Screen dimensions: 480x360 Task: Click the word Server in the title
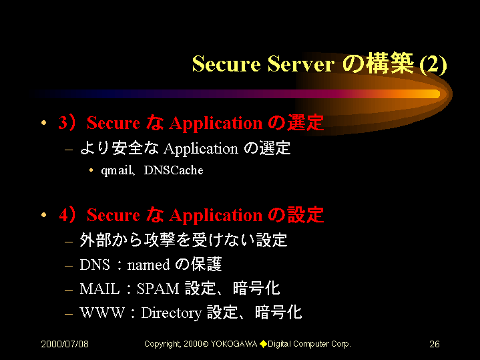coord(301,64)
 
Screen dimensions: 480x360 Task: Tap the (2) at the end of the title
coord(433,65)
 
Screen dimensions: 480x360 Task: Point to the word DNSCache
coord(174,170)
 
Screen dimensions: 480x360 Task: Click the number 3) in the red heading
coord(67,123)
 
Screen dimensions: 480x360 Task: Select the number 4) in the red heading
coord(67,214)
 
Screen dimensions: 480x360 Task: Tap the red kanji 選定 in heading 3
coord(305,122)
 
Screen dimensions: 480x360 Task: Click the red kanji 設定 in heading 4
coord(305,214)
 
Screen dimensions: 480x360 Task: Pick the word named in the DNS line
coord(148,264)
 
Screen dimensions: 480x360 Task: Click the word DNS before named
coord(95,264)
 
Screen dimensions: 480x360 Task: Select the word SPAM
coord(158,289)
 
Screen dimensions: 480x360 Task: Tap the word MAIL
coord(99,289)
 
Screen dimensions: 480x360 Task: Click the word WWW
coord(102,313)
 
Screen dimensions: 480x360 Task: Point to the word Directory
coord(172,313)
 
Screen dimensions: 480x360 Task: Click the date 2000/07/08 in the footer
coord(65,344)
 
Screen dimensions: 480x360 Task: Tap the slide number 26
coord(435,344)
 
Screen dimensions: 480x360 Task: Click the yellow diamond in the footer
coord(263,344)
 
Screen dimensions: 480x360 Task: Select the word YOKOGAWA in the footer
coord(234,344)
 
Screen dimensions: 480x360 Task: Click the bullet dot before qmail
coord(91,170)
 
